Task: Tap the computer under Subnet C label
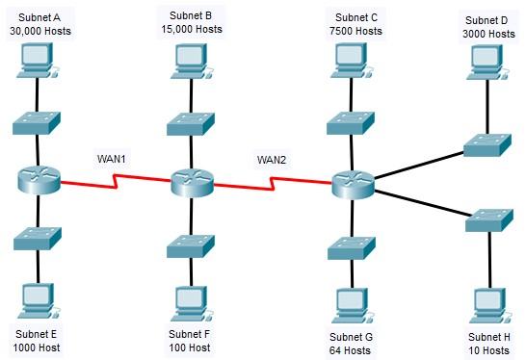pyautogui.click(x=348, y=60)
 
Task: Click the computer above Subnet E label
pyautogui.click(x=38, y=300)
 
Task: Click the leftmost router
pyautogui.click(x=38, y=180)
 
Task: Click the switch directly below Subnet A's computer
pyautogui.click(x=38, y=121)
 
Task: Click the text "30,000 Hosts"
pyautogui.click(x=40, y=30)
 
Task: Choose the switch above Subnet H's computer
pyautogui.click(x=487, y=219)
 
